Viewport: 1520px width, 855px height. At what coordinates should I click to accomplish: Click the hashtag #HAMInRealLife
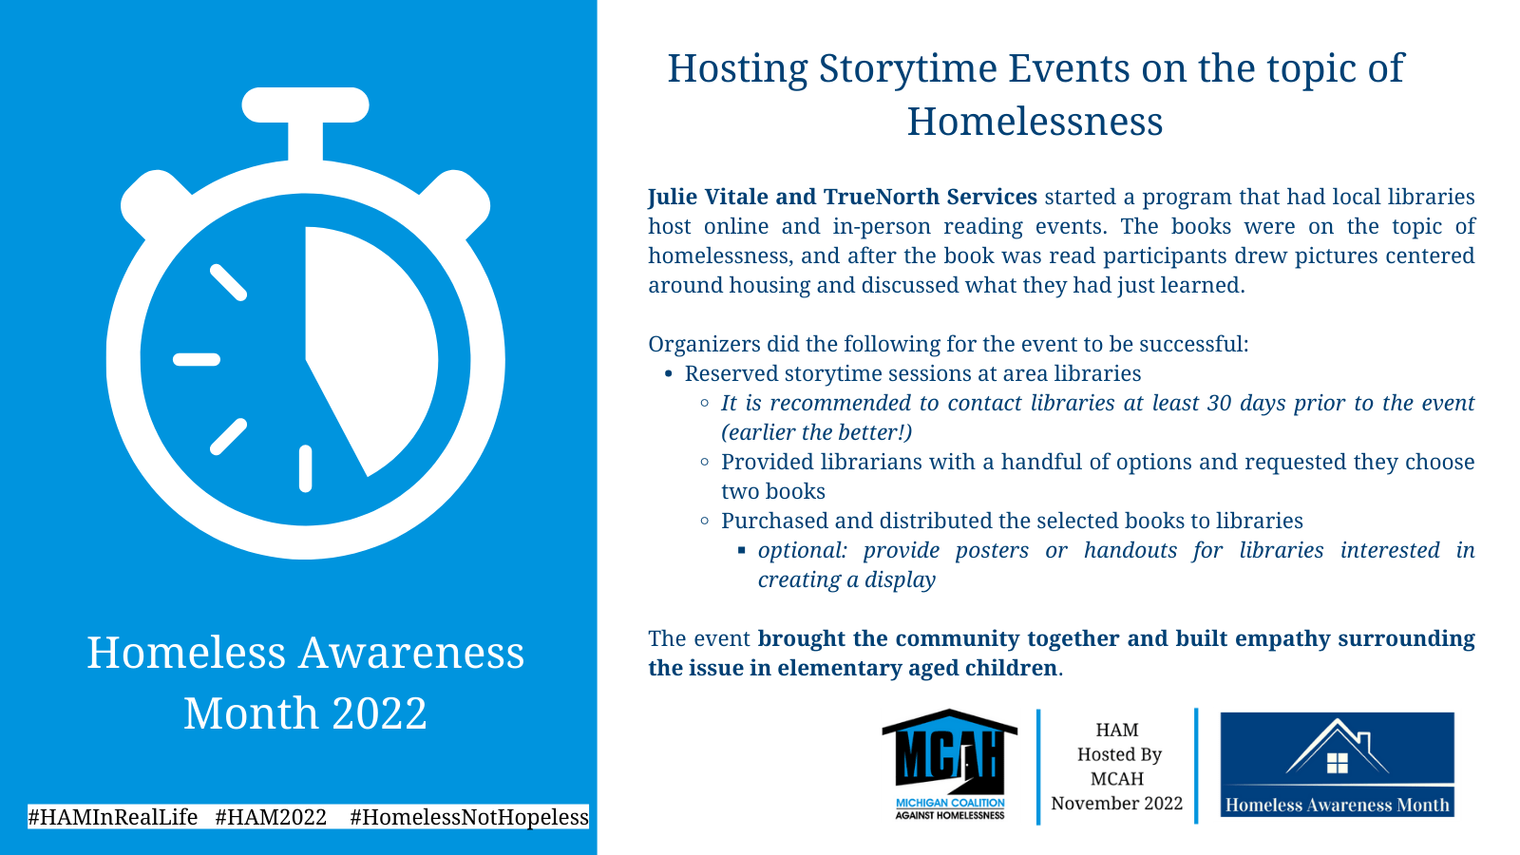click(113, 817)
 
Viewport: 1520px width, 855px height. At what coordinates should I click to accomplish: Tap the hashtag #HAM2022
click(271, 817)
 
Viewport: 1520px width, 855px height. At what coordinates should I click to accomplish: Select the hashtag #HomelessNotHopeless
click(469, 817)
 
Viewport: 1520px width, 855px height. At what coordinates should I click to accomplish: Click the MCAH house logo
click(949, 764)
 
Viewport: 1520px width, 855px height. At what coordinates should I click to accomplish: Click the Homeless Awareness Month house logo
click(1337, 764)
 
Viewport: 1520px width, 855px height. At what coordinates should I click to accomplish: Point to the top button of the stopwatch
click(305, 105)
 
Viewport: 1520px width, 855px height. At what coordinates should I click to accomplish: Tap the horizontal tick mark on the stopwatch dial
click(197, 360)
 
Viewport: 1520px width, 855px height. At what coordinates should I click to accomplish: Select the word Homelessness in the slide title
click(1035, 123)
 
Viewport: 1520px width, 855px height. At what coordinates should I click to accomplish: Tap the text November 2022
click(1117, 804)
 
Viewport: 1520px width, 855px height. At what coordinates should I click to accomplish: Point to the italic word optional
click(803, 550)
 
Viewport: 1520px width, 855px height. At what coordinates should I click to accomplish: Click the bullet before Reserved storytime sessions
click(669, 374)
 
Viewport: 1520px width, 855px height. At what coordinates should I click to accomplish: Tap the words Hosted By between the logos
click(1120, 754)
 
